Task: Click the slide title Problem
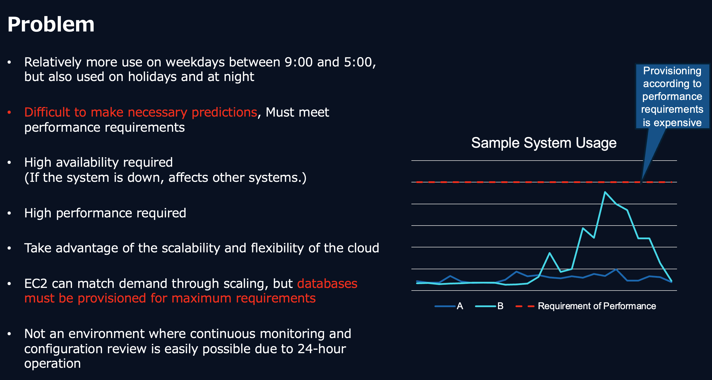pos(51,24)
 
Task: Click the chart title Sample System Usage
pos(544,143)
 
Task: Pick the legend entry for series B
pos(489,306)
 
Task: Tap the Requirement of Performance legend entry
pos(586,306)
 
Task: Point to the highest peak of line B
pos(605,192)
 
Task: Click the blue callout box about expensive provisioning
pos(672,96)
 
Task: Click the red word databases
pos(327,284)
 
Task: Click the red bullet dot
pos(9,112)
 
